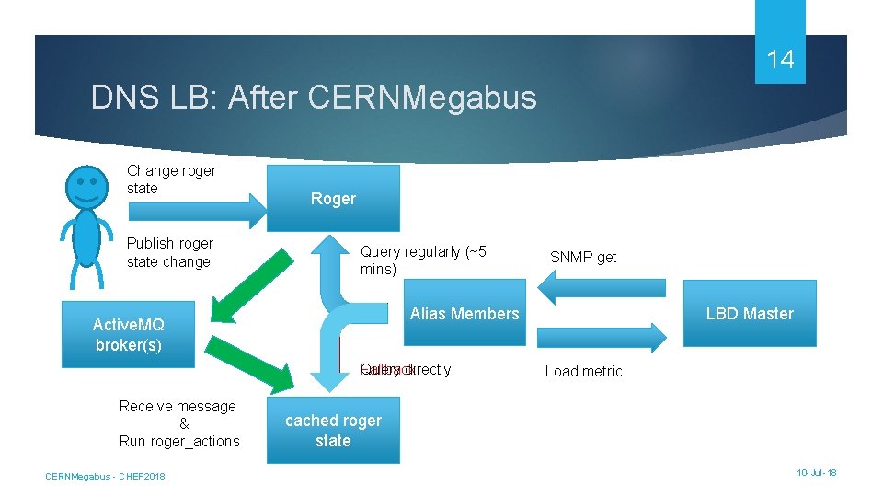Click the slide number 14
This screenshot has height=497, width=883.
(780, 60)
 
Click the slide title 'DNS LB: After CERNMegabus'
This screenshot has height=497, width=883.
(314, 98)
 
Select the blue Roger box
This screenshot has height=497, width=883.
(333, 198)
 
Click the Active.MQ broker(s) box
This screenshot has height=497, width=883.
(128, 334)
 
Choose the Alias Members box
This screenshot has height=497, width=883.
(464, 314)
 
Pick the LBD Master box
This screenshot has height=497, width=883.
(749, 314)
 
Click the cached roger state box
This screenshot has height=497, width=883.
(333, 430)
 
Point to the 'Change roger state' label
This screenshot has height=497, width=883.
(171, 179)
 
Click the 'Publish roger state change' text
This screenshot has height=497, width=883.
(169, 252)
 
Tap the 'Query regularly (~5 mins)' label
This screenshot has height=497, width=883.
(423, 260)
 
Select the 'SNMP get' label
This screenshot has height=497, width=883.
(583, 257)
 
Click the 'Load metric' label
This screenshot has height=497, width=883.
(583, 371)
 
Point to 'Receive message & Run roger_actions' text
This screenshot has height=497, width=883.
(179, 423)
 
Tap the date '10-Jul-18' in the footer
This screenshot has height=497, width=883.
(817, 472)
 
